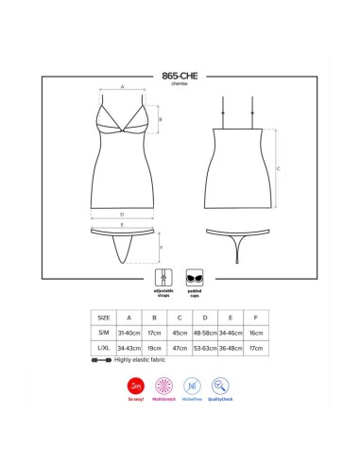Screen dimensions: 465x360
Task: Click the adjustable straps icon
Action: pos(163,281)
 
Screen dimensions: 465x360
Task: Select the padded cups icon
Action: pos(195,281)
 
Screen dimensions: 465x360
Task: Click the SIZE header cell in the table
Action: pos(103,319)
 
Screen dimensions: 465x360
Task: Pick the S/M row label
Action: pos(103,333)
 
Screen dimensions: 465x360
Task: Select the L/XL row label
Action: pos(103,347)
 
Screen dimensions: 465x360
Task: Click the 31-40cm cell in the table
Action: pos(129,333)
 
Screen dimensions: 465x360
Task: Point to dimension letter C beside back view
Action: pos(278,170)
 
